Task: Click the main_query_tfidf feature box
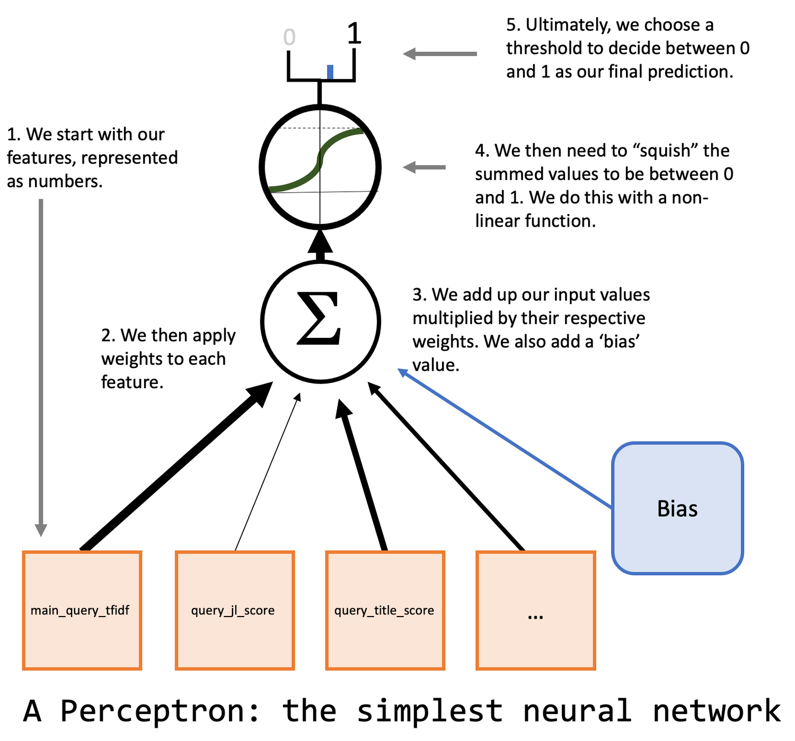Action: point(82,610)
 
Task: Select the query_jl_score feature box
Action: point(235,610)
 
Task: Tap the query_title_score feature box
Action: point(385,610)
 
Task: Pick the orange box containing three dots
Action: point(536,610)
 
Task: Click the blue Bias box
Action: point(677,508)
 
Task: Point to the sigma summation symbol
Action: point(319,318)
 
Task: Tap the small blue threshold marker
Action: point(330,72)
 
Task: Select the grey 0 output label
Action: point(289,37)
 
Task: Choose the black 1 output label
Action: point(354,33)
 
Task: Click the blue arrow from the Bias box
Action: point(505,439)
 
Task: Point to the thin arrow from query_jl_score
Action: point(268,471)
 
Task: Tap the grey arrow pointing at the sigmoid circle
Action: point(424,167)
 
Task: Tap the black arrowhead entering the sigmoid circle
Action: point(320,242)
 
